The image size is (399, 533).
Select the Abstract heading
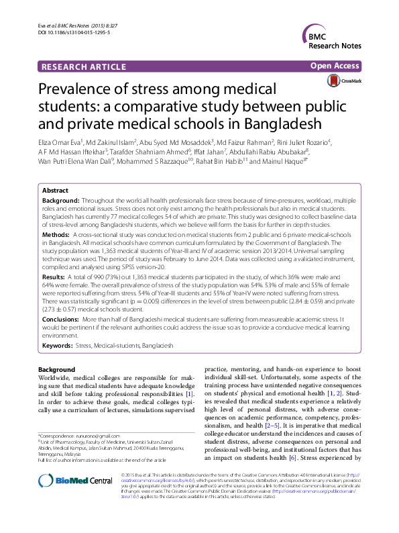[55, 191]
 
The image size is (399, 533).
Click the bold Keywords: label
[58, 345]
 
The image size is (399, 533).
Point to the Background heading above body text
[56, 370]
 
